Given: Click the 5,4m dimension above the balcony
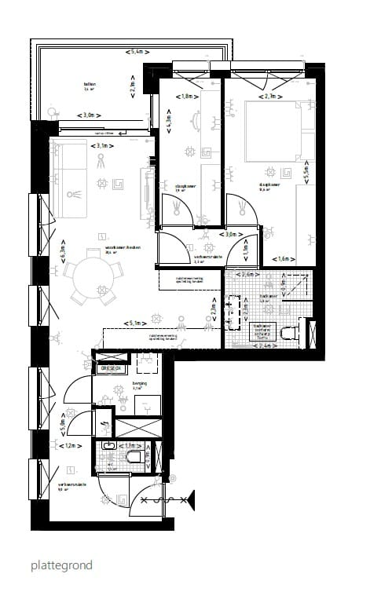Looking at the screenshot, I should tap(137, 52).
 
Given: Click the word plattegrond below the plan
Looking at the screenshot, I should tap(62, 565).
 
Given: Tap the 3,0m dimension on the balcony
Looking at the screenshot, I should tap(95, 115).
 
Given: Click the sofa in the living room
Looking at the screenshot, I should tap(69, 182).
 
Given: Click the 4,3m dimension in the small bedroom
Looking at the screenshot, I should tap(167, 122).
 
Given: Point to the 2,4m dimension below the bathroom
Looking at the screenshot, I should tap(269, 345).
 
